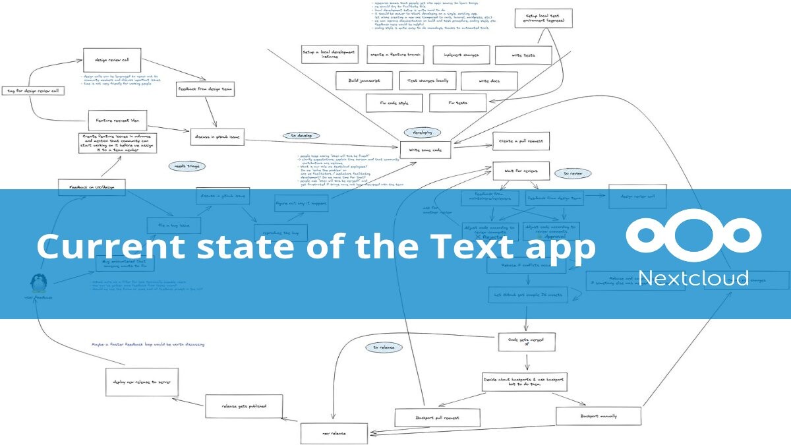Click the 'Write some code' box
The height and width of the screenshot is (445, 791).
click(426, 150)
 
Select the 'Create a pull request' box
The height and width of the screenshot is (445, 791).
click(521, 141)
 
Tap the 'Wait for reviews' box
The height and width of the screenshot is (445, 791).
click(521, 171)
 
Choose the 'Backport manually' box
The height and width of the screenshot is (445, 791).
click(599, 416)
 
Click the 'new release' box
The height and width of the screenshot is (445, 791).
click(334, 433)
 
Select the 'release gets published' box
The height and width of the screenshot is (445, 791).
click(243, 405)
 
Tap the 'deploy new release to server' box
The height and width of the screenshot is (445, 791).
click(142, 382)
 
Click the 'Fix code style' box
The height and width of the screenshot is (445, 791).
click(394, 103)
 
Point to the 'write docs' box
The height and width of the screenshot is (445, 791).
click(489, 80)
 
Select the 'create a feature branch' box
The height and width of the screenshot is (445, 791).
click(395, 55)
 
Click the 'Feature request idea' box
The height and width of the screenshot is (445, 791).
click(117, 120)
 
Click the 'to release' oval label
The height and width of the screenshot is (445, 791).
click(384, 347)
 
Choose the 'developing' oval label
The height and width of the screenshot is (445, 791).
click(423, 133)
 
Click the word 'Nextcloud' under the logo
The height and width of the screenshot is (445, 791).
click(694, 277)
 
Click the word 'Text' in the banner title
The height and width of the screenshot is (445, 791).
click(471, 247)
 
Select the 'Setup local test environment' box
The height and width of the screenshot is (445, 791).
click(540, 18)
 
